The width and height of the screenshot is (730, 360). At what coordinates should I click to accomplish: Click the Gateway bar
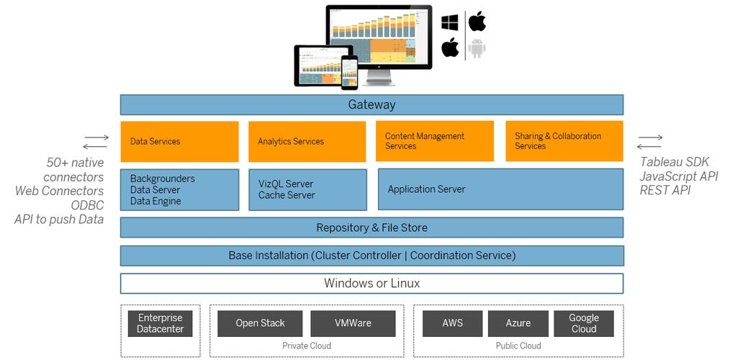(371, 104)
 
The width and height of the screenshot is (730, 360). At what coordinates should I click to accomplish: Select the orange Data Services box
(179, 141)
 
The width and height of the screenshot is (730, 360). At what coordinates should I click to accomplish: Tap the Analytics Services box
(307, 141)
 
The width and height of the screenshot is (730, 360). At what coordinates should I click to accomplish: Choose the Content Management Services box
(434, 141)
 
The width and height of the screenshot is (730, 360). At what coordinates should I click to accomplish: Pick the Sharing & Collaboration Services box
(564, 141)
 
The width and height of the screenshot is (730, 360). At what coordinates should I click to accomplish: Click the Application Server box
(500, 189)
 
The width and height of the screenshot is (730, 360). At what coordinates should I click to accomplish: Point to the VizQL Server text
(286, 184)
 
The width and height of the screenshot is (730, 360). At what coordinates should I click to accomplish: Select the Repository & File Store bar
(371, 228)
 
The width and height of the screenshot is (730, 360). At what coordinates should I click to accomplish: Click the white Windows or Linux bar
(371, 283)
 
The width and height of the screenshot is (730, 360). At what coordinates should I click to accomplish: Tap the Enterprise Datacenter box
(161, 323)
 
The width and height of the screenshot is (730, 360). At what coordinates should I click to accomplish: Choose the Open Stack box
(260, 323)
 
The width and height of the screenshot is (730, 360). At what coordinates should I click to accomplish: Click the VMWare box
(353, 323)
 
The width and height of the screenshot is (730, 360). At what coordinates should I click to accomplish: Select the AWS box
(452, 323)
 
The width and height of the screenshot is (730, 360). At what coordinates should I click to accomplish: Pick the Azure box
(518, 323)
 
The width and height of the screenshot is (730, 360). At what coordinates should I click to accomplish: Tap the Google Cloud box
(583, 323)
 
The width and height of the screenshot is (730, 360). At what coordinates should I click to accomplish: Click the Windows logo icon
(450, 22)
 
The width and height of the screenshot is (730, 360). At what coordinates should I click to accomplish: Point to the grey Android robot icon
(476, 49)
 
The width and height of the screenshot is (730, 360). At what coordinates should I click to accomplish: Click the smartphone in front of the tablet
(349, 73)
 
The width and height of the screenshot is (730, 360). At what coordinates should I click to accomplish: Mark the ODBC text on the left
(87, 204)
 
